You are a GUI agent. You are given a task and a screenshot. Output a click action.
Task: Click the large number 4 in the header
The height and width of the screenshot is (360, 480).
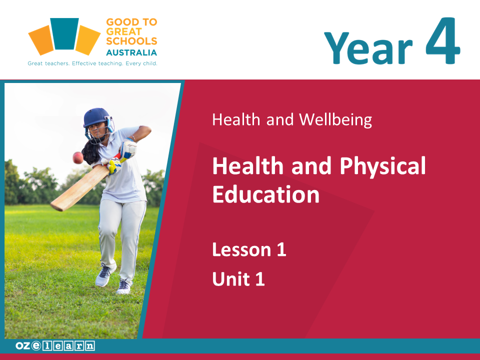(442, 40)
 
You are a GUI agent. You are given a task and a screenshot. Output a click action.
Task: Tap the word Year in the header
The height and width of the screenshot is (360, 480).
(368, 48)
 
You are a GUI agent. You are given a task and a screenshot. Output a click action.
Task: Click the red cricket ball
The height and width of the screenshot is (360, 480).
(78, 157)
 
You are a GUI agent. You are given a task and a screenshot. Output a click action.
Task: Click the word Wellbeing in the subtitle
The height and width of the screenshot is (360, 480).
(335, 119)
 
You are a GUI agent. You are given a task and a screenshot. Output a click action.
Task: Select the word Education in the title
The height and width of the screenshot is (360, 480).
(265, 194)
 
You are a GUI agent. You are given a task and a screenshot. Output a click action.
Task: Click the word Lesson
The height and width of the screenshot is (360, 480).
(241, 249)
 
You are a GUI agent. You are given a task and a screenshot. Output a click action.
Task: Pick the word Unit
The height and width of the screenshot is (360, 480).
(231, 279)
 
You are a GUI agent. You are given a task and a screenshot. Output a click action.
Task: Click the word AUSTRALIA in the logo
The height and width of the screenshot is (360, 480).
(131, 52)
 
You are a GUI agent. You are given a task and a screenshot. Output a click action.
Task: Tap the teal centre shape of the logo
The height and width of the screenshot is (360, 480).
(64, 33)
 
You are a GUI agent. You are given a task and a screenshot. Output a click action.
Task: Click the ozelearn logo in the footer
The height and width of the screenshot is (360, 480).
(55, 345)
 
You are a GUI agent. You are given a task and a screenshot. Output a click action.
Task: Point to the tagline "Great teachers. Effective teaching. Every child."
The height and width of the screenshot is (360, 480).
(92, 63)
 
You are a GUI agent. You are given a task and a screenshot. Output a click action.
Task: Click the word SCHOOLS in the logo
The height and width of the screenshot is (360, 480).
(131, 41)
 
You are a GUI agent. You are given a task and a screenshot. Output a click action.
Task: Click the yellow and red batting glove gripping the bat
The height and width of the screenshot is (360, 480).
(114, 165)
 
